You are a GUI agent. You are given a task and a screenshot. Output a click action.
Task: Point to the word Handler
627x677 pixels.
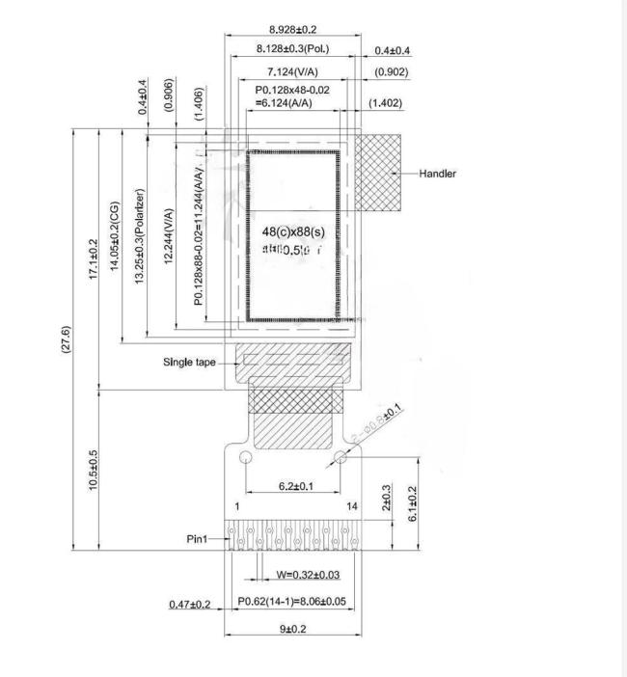click(x=438, y=175)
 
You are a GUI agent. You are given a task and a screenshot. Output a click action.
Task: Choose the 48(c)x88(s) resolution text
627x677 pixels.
click(x=293, y=231)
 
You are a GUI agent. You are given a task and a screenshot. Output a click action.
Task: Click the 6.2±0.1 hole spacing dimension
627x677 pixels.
click(x=294, y=487)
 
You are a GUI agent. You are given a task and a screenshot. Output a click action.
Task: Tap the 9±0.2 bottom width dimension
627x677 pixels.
click(x=293, y=628)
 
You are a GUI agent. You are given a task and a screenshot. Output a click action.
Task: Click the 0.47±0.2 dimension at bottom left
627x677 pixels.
click(x=190, y=604)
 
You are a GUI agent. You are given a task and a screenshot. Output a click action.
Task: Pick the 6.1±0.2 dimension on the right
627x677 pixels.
click(x=413, y=502)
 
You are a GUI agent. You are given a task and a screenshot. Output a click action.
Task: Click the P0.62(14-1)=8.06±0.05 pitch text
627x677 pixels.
click(x=293, y=603)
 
